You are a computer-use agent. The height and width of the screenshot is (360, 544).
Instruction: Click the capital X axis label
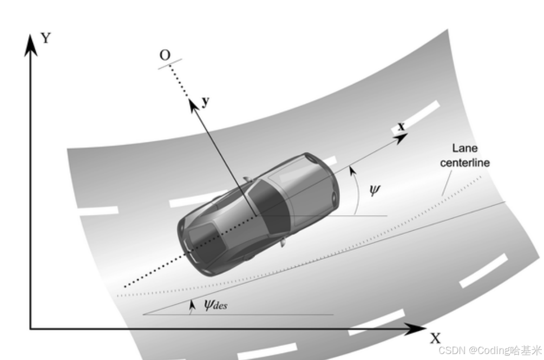coord(435,338)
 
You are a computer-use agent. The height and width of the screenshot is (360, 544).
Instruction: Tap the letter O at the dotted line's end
coord(165,55)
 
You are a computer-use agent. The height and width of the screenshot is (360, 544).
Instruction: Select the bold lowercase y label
coord(206,102)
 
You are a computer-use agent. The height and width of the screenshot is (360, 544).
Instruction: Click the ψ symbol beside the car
coord(375,190)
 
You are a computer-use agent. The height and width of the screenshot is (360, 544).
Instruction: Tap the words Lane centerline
coord(465,155)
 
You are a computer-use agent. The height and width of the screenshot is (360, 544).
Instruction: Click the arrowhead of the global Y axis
coord(31,42)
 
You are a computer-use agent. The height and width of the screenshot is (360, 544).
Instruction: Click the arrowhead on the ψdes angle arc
coord(191,305)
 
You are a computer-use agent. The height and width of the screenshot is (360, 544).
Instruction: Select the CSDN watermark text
coord(489,350)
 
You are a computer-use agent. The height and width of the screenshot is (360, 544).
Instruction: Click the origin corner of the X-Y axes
coord(30,328)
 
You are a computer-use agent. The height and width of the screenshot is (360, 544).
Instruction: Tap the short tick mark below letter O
coord(170,63)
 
